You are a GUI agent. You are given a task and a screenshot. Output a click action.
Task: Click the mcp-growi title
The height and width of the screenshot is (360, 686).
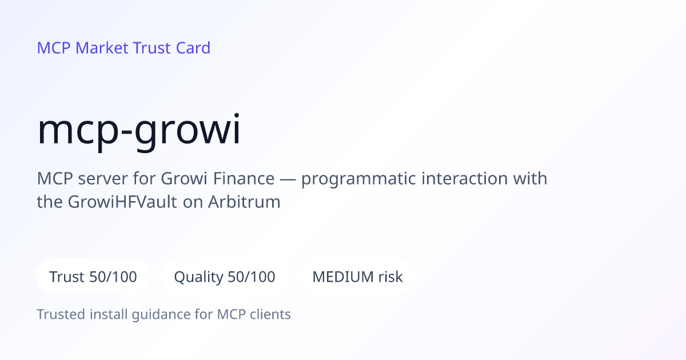tap(138, 131)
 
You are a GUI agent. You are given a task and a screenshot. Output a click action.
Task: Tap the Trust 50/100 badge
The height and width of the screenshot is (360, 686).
tap(93, 277)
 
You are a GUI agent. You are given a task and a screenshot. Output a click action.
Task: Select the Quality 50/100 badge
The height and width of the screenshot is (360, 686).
tap(225, 277)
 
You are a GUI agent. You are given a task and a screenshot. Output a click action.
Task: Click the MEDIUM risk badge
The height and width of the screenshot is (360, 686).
tap(357, 277)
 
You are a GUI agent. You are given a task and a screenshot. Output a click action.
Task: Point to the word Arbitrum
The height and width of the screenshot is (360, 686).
tap(244, 202)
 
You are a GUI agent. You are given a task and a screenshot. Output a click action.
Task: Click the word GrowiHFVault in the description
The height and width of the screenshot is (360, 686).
tap(122, 202)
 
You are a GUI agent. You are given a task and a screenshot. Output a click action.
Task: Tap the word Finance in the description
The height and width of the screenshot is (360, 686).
tap(244, 178)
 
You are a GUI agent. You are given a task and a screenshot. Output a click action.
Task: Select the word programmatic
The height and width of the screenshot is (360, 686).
tap(358, 179)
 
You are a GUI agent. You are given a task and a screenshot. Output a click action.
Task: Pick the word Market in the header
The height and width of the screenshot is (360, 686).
tap(102, 48)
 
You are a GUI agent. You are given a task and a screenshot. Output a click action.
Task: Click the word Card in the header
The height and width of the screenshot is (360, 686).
tap(193, 48)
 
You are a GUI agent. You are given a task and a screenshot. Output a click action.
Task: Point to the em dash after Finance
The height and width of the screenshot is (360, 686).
tap(288, 179)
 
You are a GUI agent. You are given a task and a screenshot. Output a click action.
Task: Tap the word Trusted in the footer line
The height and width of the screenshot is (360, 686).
tap(61, 314)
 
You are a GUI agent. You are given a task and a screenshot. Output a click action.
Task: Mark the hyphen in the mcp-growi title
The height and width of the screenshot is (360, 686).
tap(126, 132)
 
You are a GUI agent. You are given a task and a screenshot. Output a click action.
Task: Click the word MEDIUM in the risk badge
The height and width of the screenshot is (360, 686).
tap(343, 277)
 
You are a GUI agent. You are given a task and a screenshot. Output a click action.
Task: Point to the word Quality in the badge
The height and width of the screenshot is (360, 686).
tap(199, 278)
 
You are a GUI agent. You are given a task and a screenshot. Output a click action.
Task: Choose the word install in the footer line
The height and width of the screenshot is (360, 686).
tap(109, 314)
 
